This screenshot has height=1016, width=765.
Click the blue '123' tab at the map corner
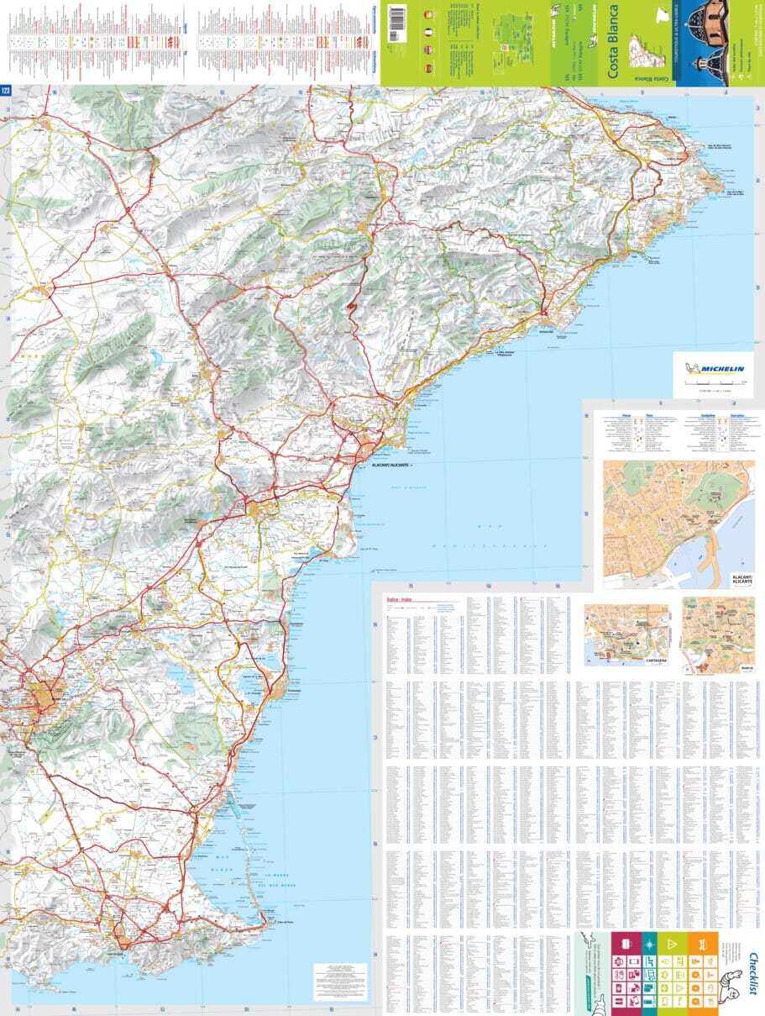pos(6,91)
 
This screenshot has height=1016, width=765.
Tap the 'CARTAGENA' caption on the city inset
pos(655,661)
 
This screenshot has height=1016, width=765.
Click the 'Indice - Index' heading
pos(399,599)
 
